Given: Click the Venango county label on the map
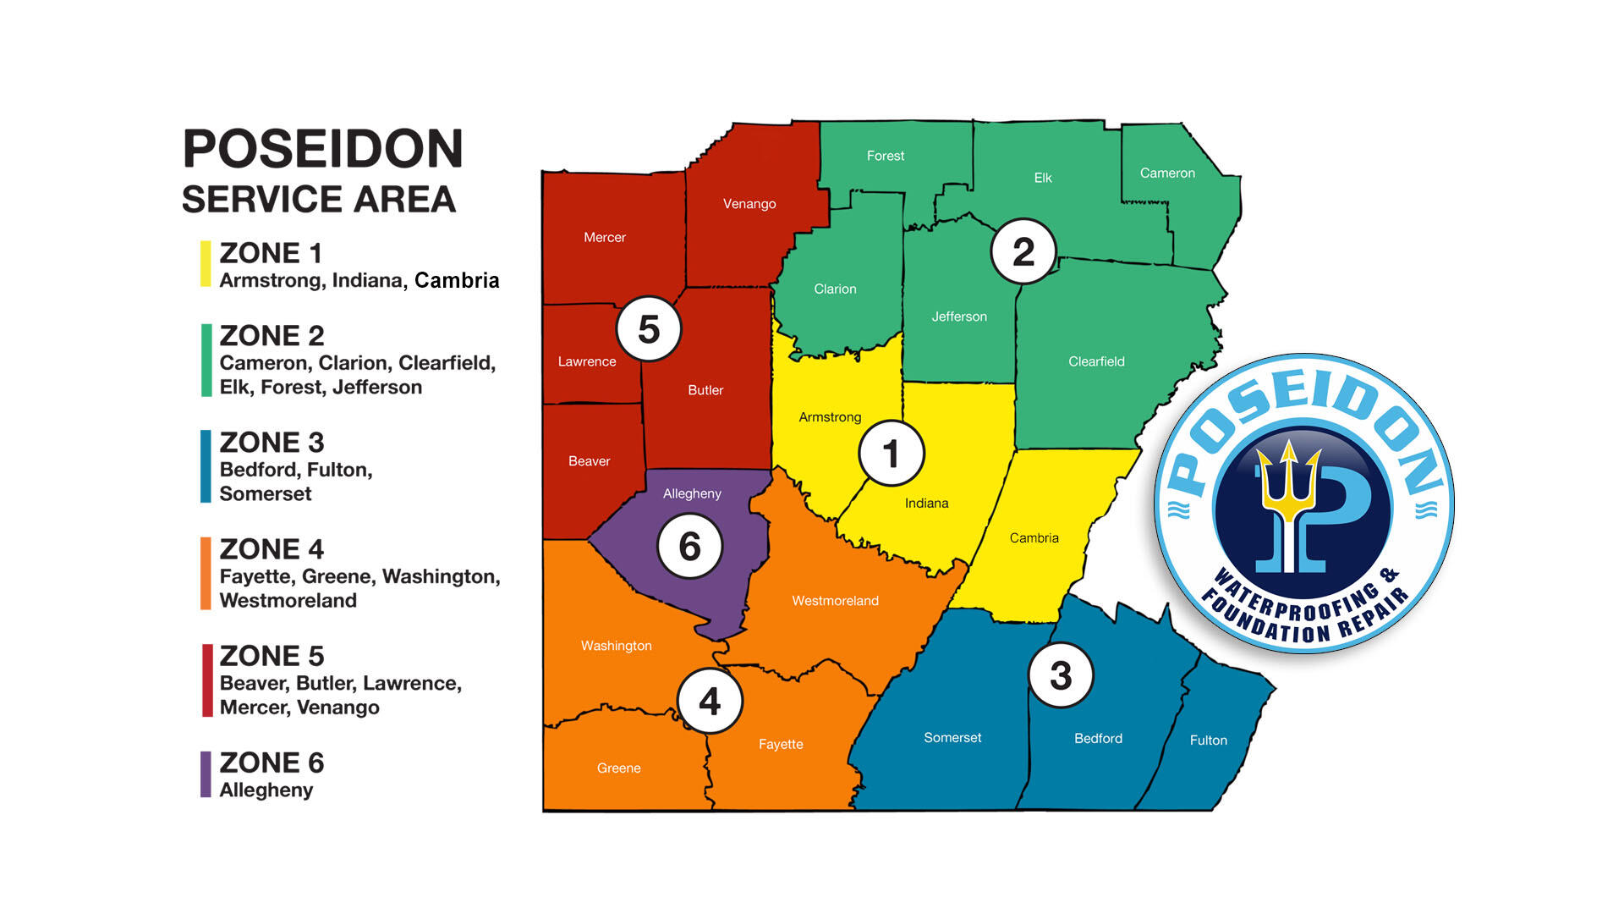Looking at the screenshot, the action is pyautogui.click(x=749, y=204).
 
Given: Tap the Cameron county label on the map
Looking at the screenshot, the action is pyautogui.click(x=1167, y=173).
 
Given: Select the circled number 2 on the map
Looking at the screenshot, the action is pyautogui.click(x=1023, y=251).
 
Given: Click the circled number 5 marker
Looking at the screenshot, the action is pyautogui.click(x=649, y=329).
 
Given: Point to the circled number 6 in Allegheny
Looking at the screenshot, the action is pyautogui.click(x=690, y=547).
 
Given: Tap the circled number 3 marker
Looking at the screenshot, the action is pyautogui.click(x=1061, y=675).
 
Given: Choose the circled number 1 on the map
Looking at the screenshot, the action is pyautogui.click(x=892, y=454).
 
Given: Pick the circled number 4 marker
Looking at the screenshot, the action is pyautogui.click(x=710, y=702).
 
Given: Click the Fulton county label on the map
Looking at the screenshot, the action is pyautogui.click(x=1208, y=741).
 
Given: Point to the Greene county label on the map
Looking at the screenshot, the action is pyautogui.click(x=618, y=768).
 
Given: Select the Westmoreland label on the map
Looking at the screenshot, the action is pyautogui.click(x=835, y=601).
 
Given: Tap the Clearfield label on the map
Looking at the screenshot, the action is pyautogui.click(x=1096, y=361).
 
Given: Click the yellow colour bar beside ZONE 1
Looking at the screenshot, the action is pyautogui.click(x=206, y=264).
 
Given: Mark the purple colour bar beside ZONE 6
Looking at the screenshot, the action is pyautogui.click(x=206, y=774).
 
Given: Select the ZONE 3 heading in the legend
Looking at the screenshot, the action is pyautogui.click(x=272, y=443).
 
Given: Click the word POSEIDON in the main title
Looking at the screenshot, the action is pyautogui.click(x=323, y=149).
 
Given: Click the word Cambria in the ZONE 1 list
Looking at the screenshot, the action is pyautogui.click(x=457, y=280).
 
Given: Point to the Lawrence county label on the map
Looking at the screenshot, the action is pyautogui.click(x=587, y=361).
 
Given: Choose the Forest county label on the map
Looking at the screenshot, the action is pyautogui.click(x=885, y=156).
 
